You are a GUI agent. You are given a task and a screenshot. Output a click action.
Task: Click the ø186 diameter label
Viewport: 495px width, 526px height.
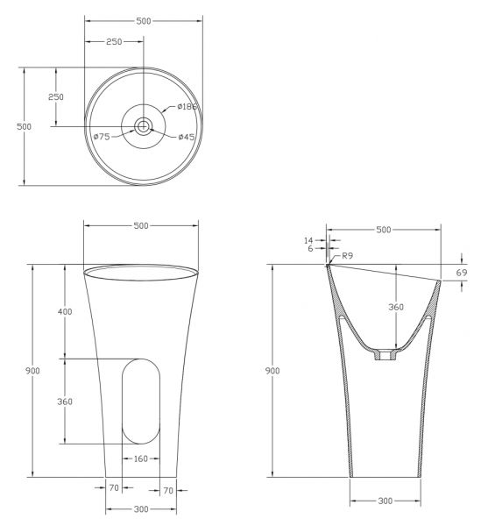187,107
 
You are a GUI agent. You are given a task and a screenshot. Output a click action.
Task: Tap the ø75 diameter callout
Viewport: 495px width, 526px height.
102,137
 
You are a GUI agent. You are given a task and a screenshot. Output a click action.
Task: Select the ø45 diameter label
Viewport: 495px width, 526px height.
187,137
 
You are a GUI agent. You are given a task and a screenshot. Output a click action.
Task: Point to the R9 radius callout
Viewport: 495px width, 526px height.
348,256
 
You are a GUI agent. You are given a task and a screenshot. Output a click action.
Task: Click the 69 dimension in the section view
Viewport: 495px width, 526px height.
462,273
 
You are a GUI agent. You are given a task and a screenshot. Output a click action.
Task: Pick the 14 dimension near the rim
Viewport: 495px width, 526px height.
308,240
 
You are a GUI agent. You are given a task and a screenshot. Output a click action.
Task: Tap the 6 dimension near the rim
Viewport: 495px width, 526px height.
310,249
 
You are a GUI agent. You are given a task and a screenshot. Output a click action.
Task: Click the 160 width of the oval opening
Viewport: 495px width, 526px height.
141,458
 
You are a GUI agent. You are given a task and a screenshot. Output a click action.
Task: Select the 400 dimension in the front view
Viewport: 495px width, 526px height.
65,311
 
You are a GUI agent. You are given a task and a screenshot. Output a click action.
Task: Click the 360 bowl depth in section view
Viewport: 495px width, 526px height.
396,307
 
